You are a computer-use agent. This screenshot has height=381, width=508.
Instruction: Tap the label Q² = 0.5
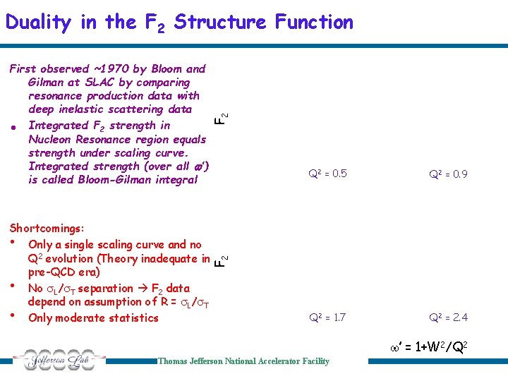coord(328,174)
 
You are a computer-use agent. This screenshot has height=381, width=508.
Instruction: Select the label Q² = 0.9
coord(449,174)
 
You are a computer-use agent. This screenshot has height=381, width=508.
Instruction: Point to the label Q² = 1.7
coord(327,317)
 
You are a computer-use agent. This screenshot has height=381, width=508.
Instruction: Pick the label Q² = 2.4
coord(449,317)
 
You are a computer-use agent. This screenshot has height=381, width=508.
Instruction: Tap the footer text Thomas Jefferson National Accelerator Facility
coord(243,361)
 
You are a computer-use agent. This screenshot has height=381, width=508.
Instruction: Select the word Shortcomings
coord(47,229)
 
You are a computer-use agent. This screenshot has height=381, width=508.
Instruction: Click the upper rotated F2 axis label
coord(221,119)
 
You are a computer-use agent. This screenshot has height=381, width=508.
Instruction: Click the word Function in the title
coord(310,23)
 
